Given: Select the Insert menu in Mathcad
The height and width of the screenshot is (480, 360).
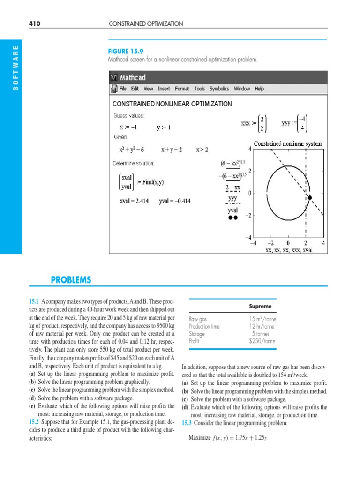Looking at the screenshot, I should pyautogui.click(x=164, y=89).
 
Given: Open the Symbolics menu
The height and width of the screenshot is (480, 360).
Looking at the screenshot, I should pyautogui.click(x=219, y=89).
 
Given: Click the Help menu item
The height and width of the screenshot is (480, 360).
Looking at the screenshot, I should pyautogui.click(x=259, y=89).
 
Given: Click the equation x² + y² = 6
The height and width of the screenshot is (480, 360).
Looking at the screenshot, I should pyautogui.click(x=131, y=150).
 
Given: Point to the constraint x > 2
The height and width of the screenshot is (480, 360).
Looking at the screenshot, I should pyautogui.click(x=202, y=150).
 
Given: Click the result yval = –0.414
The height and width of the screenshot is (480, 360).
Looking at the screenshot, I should pyautogui.click(x=175, y=201).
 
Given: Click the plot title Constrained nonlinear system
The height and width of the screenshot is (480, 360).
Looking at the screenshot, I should pyautogui.click(x=288, y=143).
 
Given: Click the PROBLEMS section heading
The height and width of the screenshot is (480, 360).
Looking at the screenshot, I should pyautogui.click(x=71, y=280).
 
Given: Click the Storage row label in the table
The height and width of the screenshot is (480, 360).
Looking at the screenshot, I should pyautogui.click(x=197, y=334).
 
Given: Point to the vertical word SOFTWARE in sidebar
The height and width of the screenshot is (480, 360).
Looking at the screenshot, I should pyautogui.click(x=15, y=68).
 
